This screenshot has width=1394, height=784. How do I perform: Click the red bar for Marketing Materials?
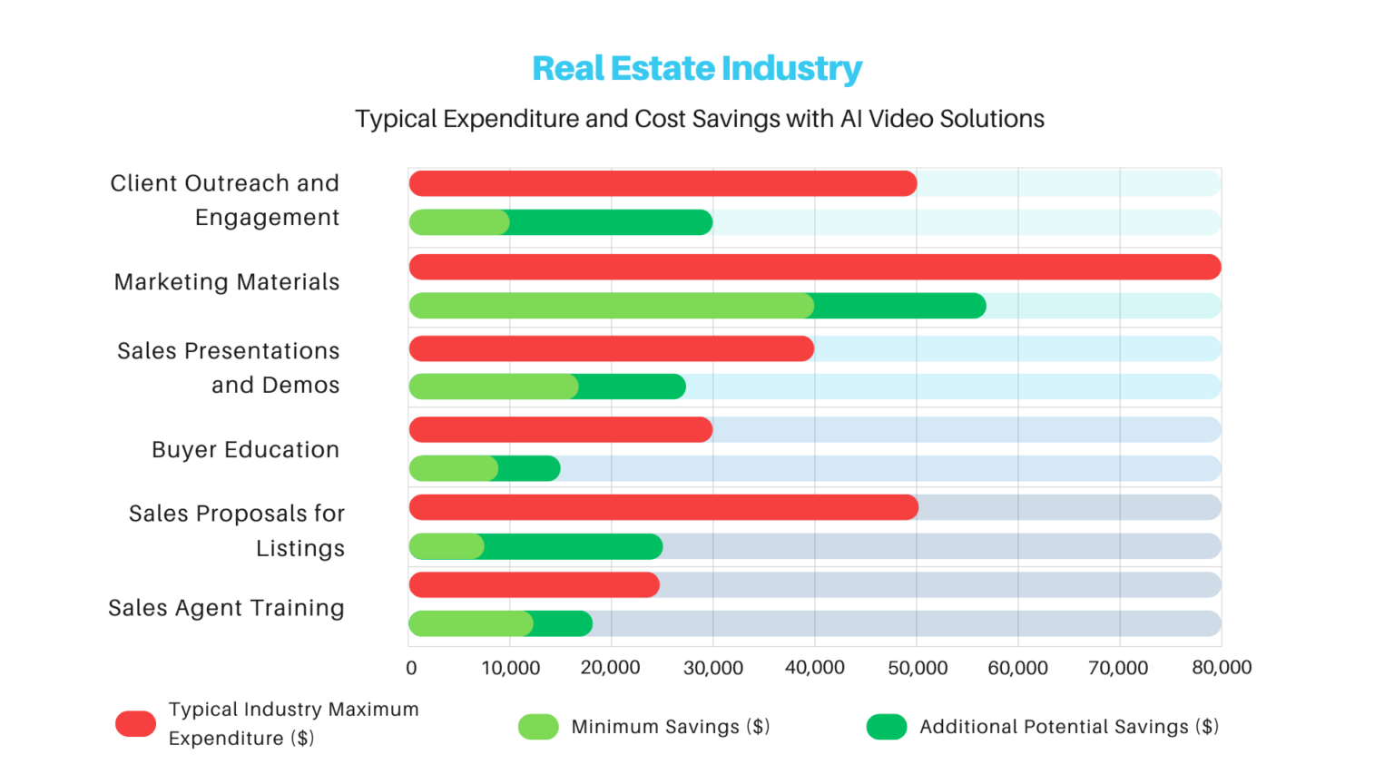[814, 267]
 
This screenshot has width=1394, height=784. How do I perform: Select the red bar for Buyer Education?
[560, 430]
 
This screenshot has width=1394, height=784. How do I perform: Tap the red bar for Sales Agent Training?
[534, 585]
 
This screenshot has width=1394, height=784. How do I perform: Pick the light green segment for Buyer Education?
[453, 469]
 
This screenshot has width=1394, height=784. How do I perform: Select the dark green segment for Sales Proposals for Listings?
[574, 547]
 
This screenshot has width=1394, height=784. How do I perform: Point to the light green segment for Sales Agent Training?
[470, 624]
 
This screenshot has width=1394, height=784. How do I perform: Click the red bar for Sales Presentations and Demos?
[611, 348]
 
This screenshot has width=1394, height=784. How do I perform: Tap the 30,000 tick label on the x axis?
[712, 669]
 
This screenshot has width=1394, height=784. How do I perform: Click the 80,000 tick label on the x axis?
[1221, 668]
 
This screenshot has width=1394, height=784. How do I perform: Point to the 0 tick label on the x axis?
[411, 669]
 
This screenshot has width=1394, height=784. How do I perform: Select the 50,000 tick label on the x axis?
[917, 669]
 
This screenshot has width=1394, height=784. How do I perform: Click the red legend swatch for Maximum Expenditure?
[135, 724]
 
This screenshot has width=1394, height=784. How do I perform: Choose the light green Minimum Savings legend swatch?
[538, 727]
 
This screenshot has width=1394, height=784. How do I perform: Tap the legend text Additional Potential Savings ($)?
[1068, 727]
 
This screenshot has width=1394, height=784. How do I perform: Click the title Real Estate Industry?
[696, 68]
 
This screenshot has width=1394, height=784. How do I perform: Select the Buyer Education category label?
[245, 450]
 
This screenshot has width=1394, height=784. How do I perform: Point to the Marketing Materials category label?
[227, 282]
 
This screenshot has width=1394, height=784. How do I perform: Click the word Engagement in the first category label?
[267, 218]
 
